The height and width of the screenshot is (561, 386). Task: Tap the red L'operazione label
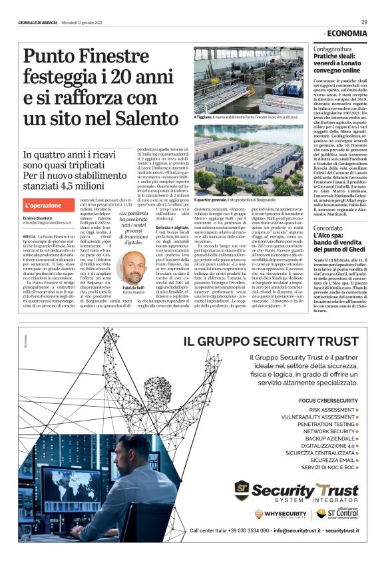44,206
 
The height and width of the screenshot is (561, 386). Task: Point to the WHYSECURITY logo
280,514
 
